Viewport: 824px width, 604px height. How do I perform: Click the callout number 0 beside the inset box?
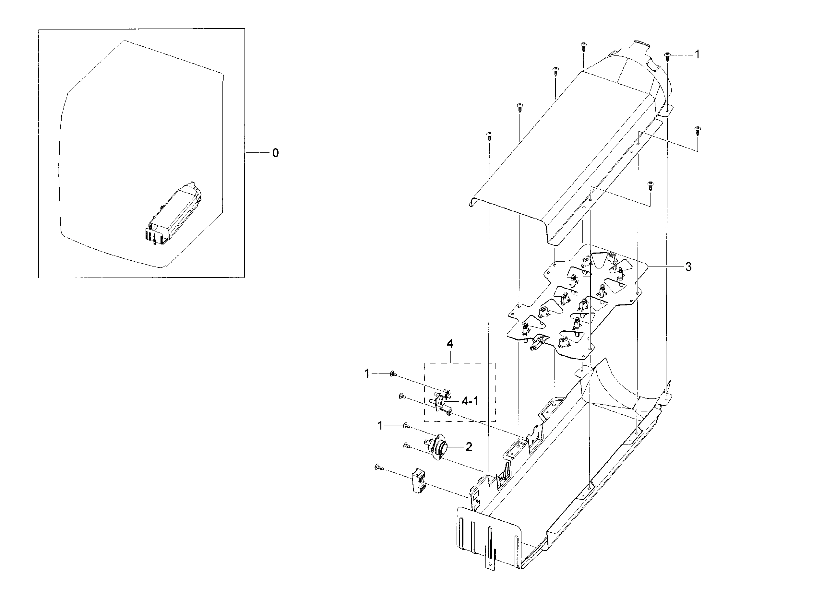(275, 153)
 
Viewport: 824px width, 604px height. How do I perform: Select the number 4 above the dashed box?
(449, 344)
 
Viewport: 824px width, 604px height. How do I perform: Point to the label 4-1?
(470, 401)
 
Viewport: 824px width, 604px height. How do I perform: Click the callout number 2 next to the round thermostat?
(469, 447)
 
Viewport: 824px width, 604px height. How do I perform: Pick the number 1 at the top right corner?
(697, 54)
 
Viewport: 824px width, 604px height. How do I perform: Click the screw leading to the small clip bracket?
(379, 467)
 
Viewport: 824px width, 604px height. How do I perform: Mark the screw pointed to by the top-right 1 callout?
(667, 55)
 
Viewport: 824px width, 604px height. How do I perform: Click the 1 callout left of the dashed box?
(367, 374)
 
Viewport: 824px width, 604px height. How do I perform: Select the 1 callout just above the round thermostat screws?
(380, 425)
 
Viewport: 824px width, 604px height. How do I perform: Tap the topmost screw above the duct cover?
(583, 46)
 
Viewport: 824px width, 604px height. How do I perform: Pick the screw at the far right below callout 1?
(697, 130)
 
